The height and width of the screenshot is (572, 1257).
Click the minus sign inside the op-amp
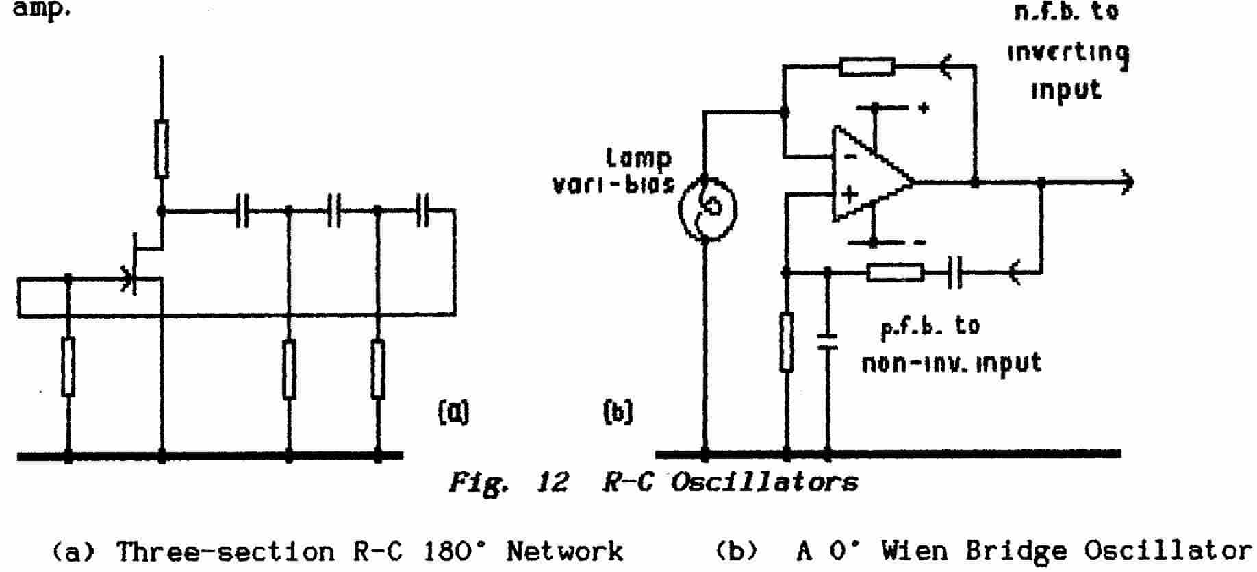click(850, 157)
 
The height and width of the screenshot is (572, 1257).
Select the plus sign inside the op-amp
click(850, 195)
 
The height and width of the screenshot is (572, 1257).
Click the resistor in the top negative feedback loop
click(867, 66)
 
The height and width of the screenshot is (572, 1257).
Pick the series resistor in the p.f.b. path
click(895, 273)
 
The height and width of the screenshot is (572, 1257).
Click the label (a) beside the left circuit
click(453, 412)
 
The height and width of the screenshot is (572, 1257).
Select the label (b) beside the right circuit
click(618, 412)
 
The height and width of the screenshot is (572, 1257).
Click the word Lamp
click(639, 159)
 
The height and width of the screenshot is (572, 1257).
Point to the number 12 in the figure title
click(553, 483)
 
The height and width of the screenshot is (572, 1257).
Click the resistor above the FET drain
click(162, 149)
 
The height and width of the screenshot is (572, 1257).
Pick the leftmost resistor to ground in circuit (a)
click(68, 366)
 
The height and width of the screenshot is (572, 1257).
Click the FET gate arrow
click(127, 278)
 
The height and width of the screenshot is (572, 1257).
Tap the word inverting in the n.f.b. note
click(1067, 53)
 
